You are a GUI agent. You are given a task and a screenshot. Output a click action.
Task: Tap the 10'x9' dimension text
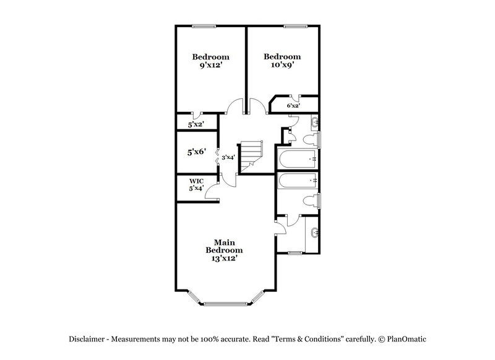[x=282, y=64]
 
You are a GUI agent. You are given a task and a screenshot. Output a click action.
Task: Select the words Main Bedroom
[x=224, y=246]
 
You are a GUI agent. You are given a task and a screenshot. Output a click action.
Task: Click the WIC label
[x=196, y=181]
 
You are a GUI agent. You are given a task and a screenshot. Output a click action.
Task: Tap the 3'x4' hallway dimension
[x=228, y=157]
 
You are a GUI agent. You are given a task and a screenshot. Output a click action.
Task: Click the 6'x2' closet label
[x=293, y=106]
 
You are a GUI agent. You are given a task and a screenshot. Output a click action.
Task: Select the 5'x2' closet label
[x=196, y=124]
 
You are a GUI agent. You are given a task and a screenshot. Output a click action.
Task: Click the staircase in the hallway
[x=252, y=155]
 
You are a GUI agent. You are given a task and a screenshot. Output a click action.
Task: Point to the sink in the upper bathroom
[x=314, y=121]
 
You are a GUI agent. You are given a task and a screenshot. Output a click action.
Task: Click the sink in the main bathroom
[x=314, y=233]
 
